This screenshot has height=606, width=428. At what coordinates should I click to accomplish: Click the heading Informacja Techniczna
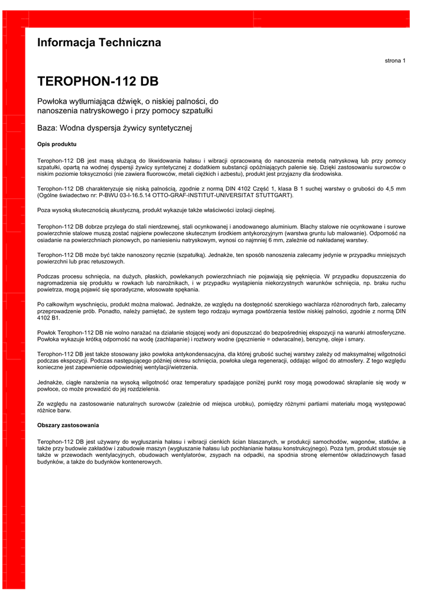pos(99,43)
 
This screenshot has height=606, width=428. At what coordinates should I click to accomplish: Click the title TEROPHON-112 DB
pos(98,81)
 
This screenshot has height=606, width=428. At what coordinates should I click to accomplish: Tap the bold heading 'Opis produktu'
pos(57,144)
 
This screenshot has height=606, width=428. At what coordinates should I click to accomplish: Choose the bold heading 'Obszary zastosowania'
pos(68,425)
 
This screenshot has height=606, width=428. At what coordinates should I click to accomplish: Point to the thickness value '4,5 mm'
pos(394,188)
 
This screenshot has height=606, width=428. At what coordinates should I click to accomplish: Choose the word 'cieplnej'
pos(263,209)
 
